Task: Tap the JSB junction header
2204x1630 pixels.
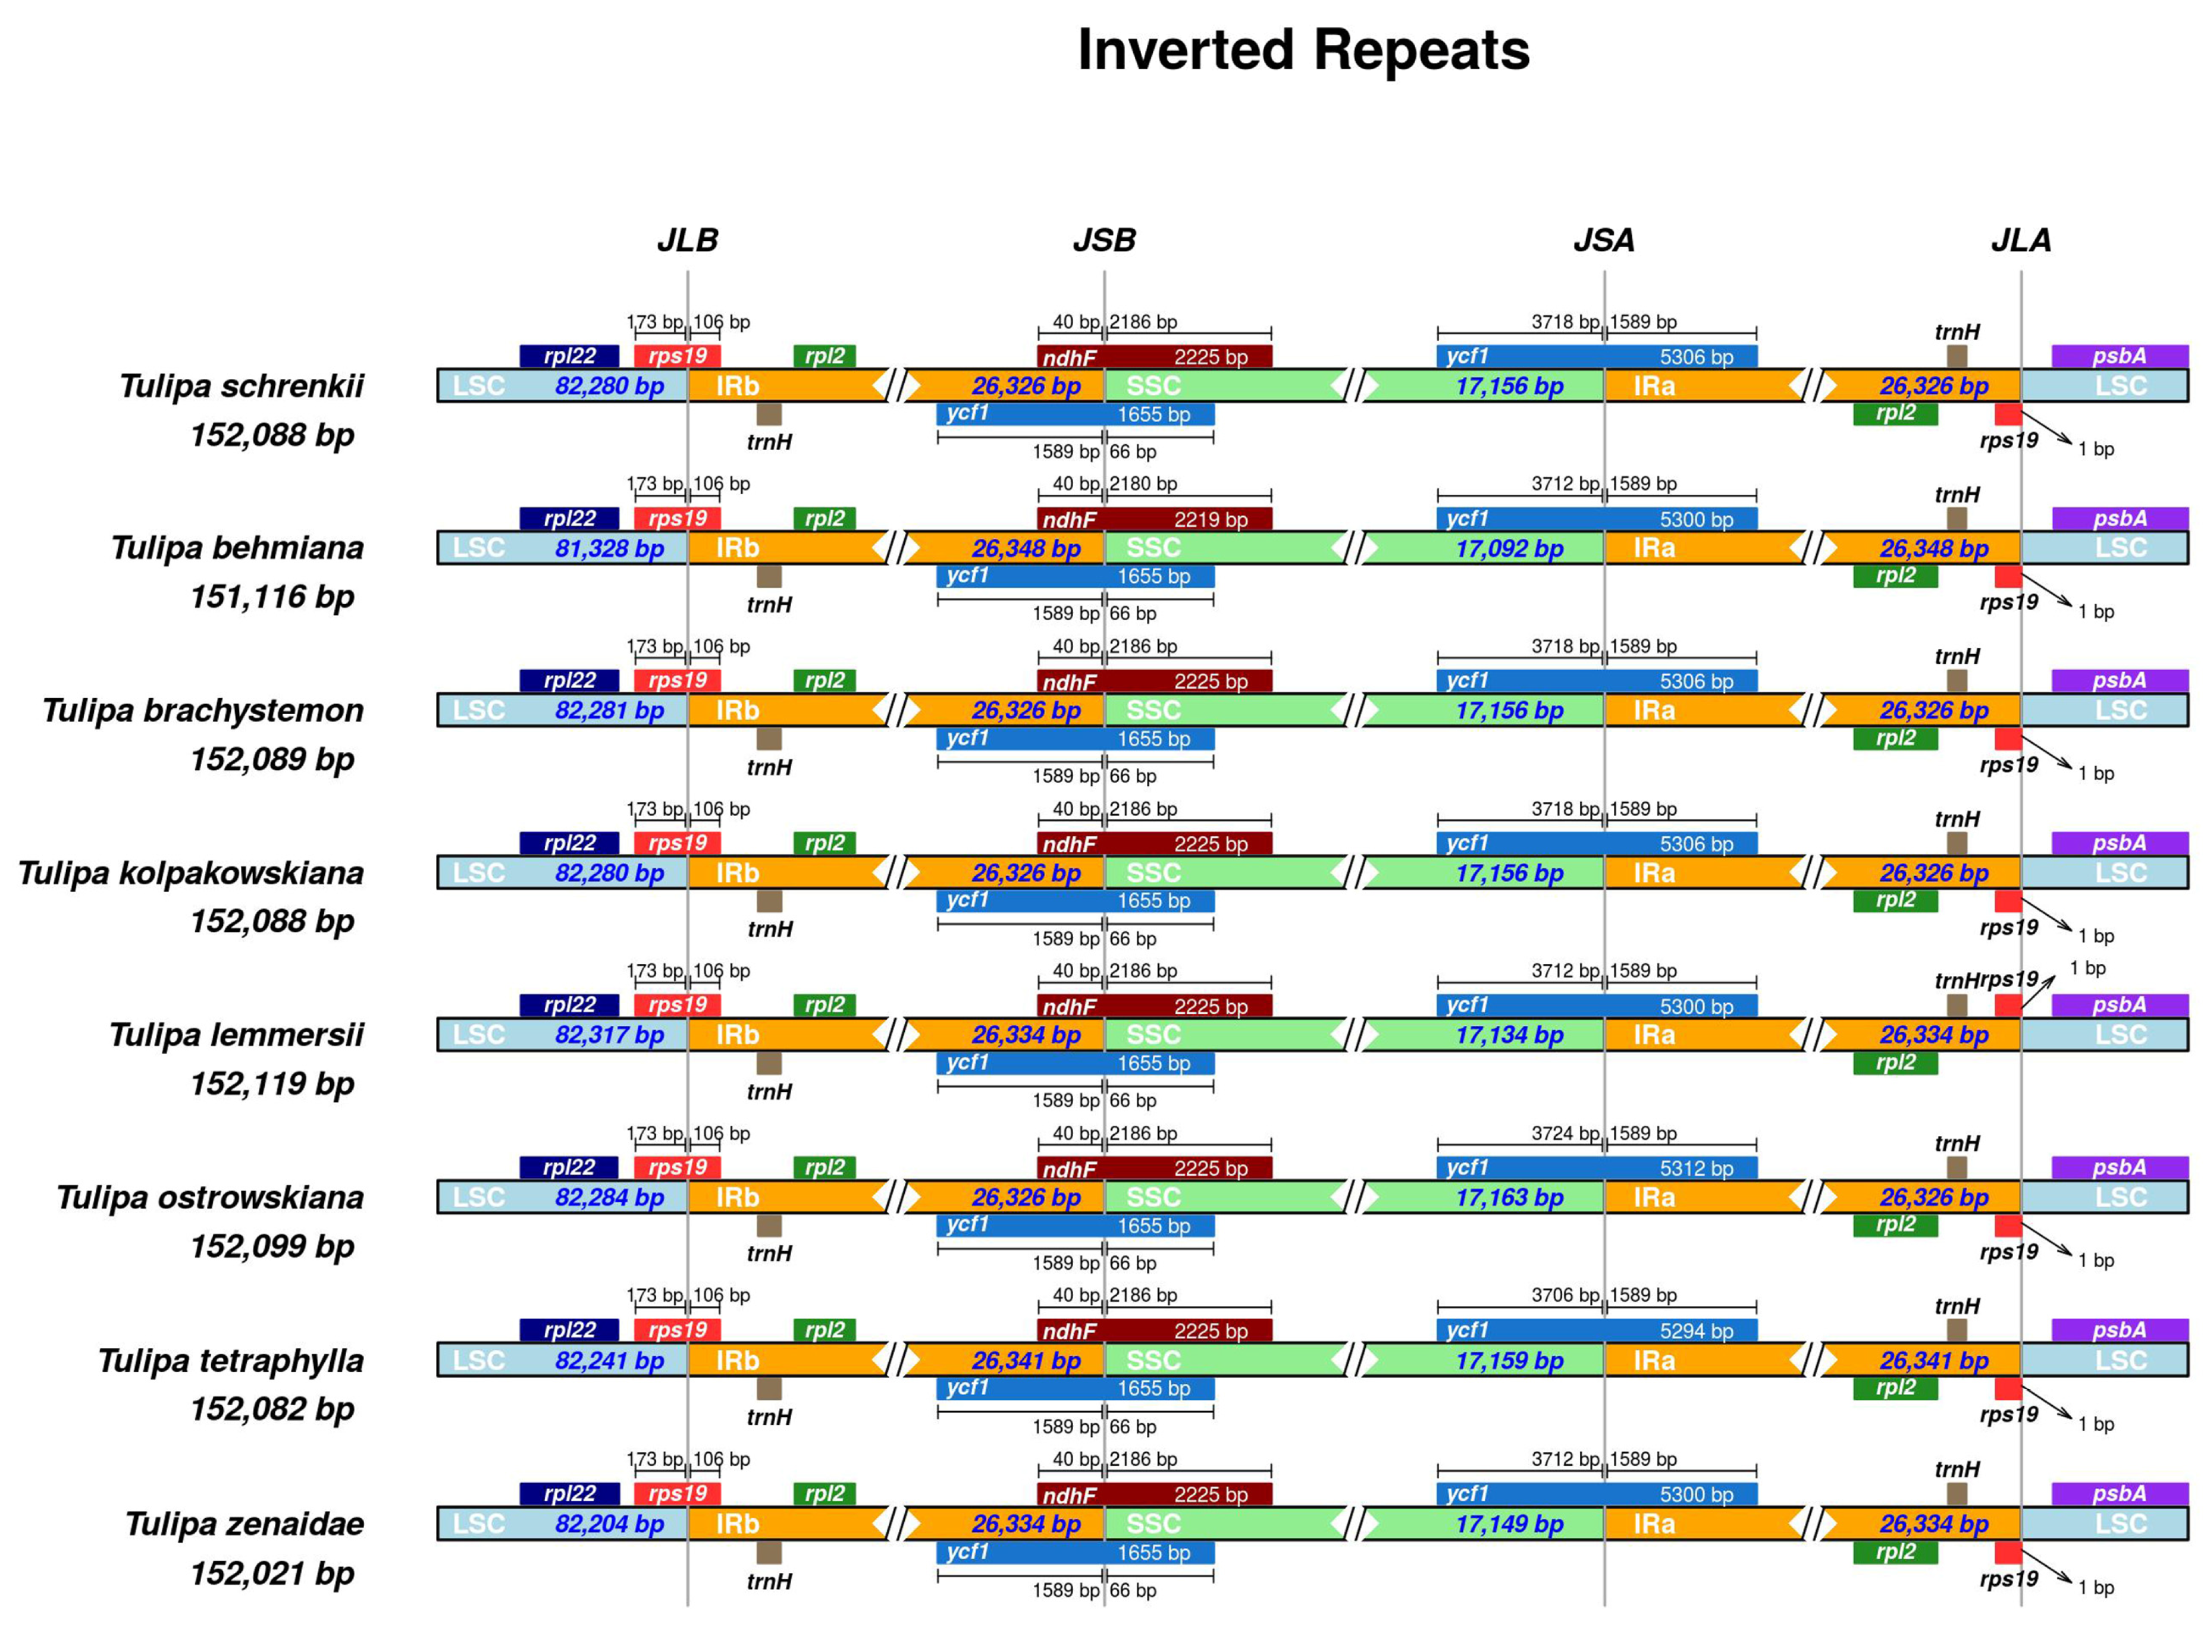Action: pyautogui.click(x=1103, y=240)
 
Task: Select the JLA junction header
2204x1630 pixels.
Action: pyautogui.click(x=2020, y=240)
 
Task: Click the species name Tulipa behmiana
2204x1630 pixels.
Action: pyautogui.click(x=237, y=548)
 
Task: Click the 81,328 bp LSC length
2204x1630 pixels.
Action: pyautogui.click(x=609, y=549)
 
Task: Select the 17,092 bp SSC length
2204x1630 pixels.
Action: pyautogui.click(x=1509, y=549)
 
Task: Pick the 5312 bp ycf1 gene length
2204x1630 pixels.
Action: pyautogui.click(x=1696, y=1168)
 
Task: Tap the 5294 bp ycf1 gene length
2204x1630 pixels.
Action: pyautogui.click(x=1696, y=1331)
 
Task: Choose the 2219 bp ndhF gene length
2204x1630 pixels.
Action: pyautogui.click(x=1210, y=520)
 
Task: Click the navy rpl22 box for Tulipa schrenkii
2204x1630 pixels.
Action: pyautogui.click(x=569, y=356)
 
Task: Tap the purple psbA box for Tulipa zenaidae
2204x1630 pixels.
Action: pyautogui.click(x=2119, y=1494)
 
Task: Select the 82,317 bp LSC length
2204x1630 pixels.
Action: pyautogui.click(x=609, y=1035)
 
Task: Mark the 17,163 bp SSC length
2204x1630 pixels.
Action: pyautogui.click(x=1509, y=1198)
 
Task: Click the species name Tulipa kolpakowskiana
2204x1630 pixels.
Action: pyautogui.click(x=190, y=873)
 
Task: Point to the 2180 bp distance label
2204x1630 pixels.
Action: pyautogui.click(x=1143, y=483)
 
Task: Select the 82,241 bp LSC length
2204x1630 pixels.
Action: pyautogui.click(x=609, y=1361)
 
